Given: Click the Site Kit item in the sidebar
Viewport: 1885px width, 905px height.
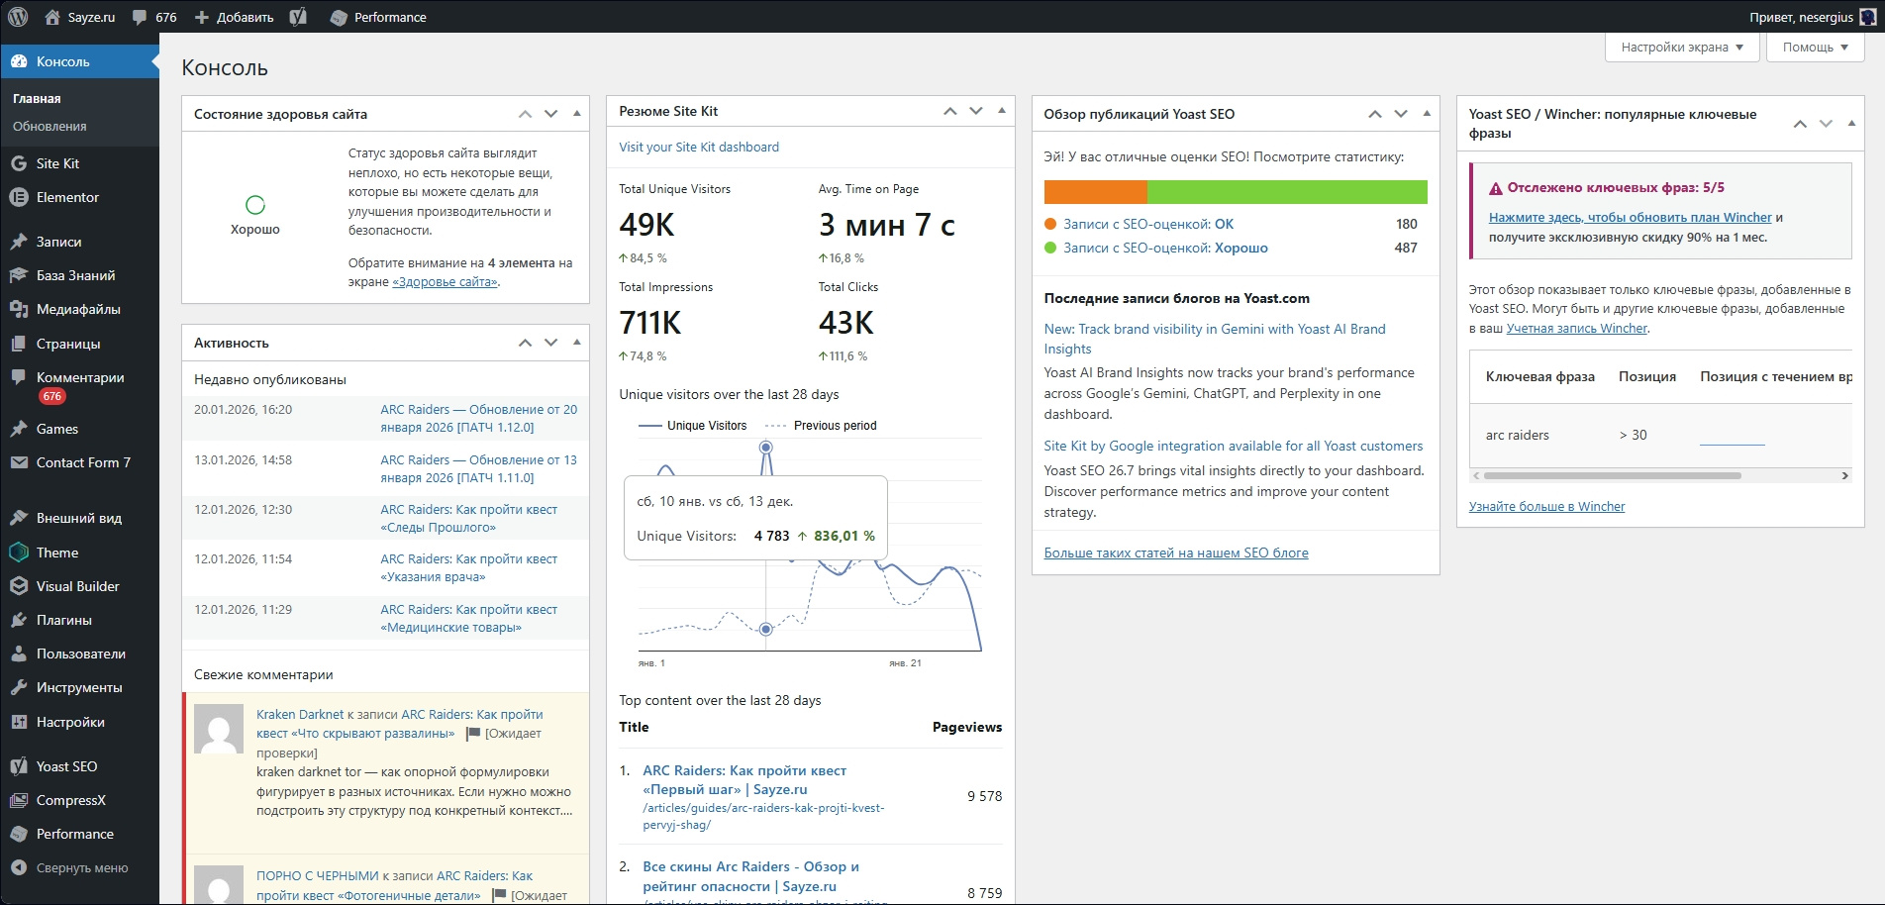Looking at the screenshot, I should pyautogui.click(x=57, y=163).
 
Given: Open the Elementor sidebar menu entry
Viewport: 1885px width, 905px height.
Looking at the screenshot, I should pyautogui.click(x=67, y=197).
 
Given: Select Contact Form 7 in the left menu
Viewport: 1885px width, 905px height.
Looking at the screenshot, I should pyautogui.click(x=83, y=462).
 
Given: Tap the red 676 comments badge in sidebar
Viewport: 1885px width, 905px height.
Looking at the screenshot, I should pyautogui.click(x=52, y=396).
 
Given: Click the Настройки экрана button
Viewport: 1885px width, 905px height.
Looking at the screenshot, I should pyautogui.click(x=1681, y=47).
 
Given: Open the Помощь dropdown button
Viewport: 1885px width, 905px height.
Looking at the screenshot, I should pyautogui.click(x=1815, y=47).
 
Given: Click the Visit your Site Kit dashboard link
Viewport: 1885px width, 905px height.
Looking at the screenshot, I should pyautogui.click(x=699, y=147).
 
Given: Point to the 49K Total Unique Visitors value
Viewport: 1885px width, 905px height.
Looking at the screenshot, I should pyautogui.click(x=646, y=226).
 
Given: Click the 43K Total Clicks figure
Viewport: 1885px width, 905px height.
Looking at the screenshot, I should pyautogui.click(x=845, y=323).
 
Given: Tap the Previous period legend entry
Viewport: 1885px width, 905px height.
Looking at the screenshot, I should pyautogui.click(x=835, y=426).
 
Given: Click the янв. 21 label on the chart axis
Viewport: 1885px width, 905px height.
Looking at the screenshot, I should pyautogui.click(x=905, y=663).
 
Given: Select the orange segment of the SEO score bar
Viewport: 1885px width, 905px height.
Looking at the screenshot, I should pyautogui.click(x=1095, y=192).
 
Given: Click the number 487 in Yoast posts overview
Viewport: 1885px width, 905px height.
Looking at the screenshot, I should pyautogui.click(x=1406, y=248).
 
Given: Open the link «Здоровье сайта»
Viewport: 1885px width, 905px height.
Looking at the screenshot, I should pyautogui.click(x=445, y=282).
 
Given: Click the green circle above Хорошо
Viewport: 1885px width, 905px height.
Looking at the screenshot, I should pyautogui.click(x=255, y=205).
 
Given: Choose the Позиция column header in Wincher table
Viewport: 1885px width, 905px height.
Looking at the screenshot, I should pyautogui.click(x=1646, y=376).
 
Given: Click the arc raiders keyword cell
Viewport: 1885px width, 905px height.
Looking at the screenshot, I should pyautogui.click(x=1517, y=435).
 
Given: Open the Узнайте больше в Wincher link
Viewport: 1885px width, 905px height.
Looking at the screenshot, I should pyautogui.click(x=1546, y=506).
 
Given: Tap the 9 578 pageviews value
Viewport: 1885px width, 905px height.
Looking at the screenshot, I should pyautogui.click(x=984, y=796).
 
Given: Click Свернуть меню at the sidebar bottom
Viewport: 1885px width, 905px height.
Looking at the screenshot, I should pyautogui.click(x=82, y=867).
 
